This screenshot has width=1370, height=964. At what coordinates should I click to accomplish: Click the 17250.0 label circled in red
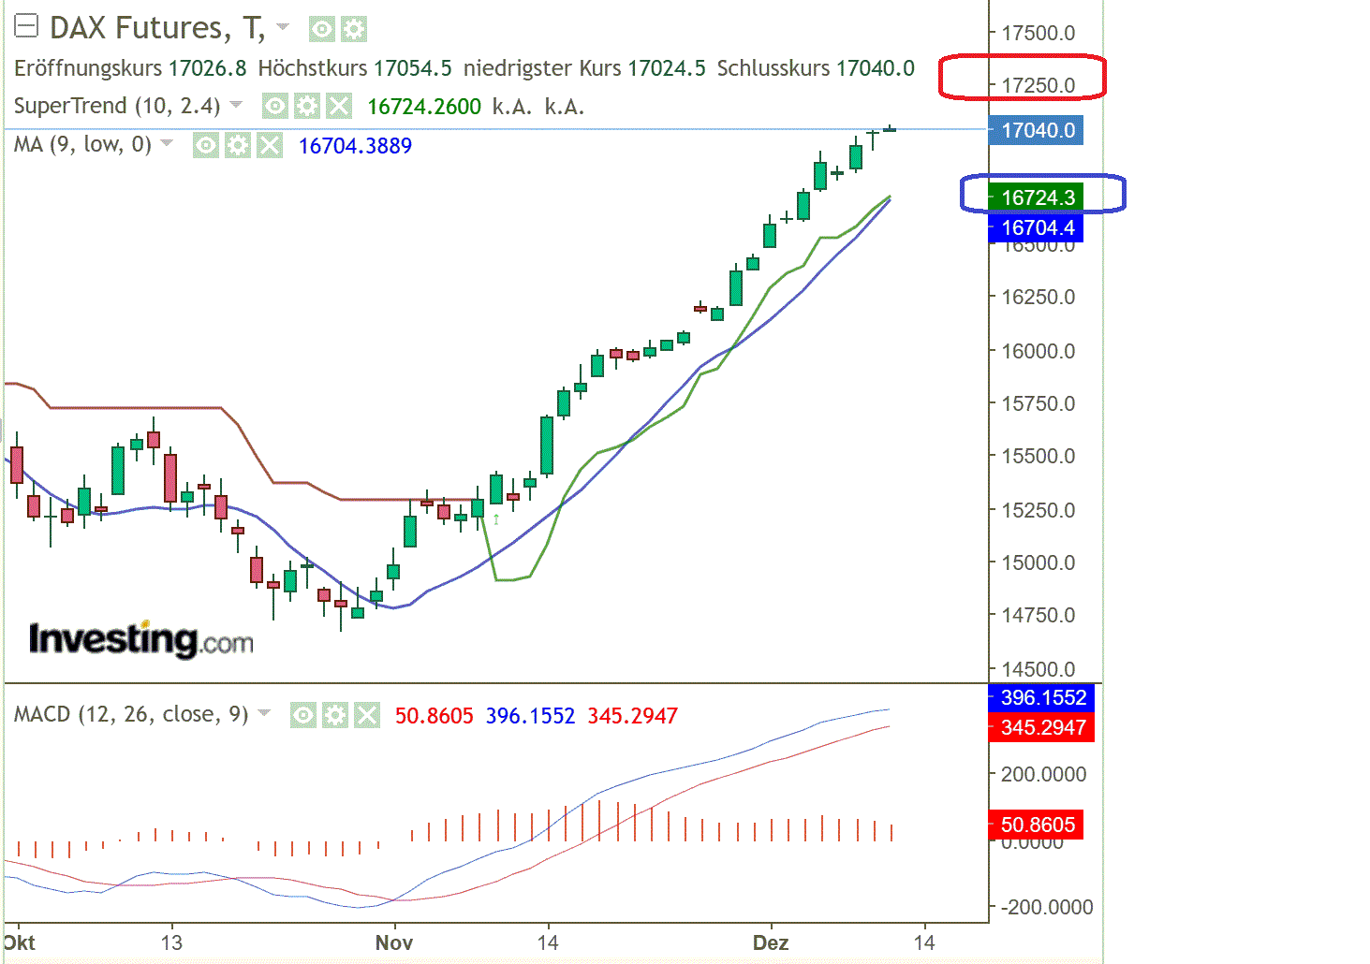click(x=1038, y=85)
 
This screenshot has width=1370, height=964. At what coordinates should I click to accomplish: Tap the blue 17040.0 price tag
click(x=1037, y=130)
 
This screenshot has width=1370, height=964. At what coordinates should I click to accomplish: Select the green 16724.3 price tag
click(x=1037, y=197)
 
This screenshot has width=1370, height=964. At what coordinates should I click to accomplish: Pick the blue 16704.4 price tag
click(x=1037, y=227)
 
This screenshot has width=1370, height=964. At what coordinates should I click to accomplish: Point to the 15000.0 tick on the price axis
click(x=1038, y=562)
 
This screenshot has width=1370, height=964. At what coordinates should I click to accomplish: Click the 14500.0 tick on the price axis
click(x=1038, y=669)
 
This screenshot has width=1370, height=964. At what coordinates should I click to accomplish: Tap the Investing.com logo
click(x=140, y=639)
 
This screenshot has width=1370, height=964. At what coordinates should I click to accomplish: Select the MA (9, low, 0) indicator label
click(x=82, y=144)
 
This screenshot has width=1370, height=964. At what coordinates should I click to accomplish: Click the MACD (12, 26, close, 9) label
click(x=131, y=715)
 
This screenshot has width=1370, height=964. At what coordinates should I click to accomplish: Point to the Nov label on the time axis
click(x=393, y=942)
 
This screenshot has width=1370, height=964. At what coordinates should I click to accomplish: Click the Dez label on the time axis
click(x=771, y=942)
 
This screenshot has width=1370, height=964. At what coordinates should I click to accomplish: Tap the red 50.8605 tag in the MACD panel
click(x=1037, y=825)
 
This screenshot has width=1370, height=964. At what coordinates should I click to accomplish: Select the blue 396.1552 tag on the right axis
click(x=1042, y=697)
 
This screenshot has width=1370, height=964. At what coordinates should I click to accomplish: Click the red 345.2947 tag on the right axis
click(x=1042, y=727)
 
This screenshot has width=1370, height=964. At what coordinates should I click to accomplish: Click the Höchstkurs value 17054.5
click(x=412, y=68)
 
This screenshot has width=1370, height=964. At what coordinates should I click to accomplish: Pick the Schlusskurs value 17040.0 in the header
click(x=875, y=68)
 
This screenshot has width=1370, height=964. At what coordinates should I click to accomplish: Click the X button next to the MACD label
click(x=367, y=716)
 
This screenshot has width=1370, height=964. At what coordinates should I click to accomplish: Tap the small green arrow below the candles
click(x=496, y=518)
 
